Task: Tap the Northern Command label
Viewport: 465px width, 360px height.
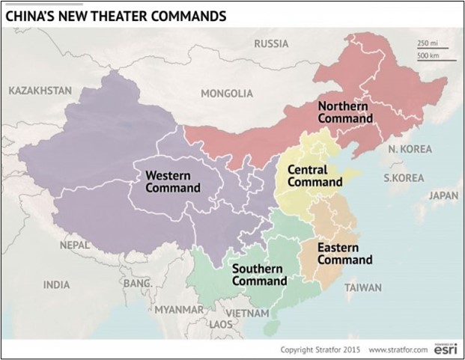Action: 344,112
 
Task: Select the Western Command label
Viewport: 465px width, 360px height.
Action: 172,181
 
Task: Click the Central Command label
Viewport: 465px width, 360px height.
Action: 315,176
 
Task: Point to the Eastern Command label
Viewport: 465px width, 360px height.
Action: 344,254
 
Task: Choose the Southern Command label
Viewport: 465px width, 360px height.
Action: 259,275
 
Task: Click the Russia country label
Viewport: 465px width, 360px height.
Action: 271,43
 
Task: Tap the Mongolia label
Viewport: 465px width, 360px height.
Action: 227,94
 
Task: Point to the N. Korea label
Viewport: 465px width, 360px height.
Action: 410,149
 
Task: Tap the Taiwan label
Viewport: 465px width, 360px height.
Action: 363,287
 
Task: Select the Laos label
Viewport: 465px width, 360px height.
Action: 221,325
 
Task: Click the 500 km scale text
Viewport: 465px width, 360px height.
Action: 428,56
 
